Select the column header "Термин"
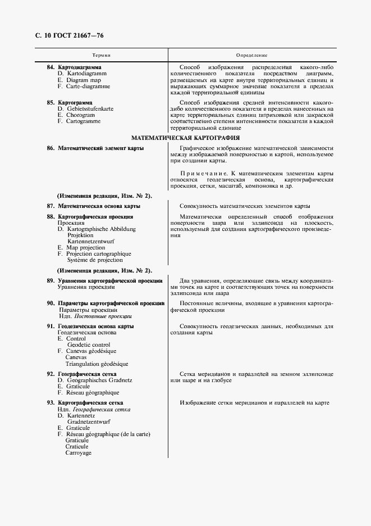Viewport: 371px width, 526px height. (101, 55)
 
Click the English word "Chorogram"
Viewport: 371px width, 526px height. (81, 115)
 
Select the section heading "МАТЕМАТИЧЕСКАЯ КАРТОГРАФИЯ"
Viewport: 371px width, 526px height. (185, 137)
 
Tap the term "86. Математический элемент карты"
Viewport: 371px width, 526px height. (95, 148)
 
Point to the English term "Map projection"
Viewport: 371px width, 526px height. (85, 247)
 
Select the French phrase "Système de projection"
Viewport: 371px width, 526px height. (95, 260)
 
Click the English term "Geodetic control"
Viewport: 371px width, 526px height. (89, 344)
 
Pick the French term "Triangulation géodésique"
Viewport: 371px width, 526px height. (97, 364)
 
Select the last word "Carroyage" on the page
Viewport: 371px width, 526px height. (78, 453)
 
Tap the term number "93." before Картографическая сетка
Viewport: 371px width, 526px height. (51, 403)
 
